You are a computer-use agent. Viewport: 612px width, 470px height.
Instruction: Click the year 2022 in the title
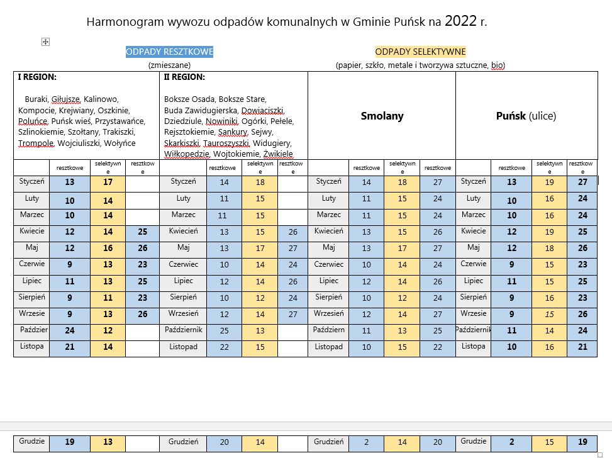click(x=460, y=21)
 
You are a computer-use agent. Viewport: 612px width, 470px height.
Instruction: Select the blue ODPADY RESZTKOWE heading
click(x=169, y=52)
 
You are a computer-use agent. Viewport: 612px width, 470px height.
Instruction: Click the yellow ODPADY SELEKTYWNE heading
click(x=420, y=52)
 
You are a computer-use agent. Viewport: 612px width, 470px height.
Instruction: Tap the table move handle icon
click(x=45, y=42)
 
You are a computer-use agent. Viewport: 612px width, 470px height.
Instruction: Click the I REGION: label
click(x=37, y=77)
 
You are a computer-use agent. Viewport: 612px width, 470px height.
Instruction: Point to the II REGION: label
click(x=184, y=77)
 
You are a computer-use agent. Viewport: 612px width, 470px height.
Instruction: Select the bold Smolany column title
click(x=382, y=116)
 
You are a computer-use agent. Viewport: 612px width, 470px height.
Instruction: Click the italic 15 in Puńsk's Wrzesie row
click(x=549, y=314)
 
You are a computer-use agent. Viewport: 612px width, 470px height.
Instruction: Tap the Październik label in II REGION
click(x=183, y=330)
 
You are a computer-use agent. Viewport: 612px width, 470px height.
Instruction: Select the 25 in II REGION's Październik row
click(x=224, y=330)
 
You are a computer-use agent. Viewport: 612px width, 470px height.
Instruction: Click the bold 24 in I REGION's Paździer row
click(x=70, y=330)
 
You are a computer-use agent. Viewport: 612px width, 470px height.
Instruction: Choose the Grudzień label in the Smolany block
click(x=328, y=442)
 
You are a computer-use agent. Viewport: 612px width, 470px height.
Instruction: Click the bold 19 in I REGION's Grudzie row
click(x=70, y=442)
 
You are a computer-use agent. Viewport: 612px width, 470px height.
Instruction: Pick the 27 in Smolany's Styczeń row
click(x=437, y=182)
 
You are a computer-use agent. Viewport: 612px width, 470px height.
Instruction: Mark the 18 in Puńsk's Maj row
click(x=549, y=248)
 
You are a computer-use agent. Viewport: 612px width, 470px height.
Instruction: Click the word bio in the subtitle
click(x=497, y=64)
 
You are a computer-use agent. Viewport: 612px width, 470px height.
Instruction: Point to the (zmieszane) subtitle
click(x=169, y=64)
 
